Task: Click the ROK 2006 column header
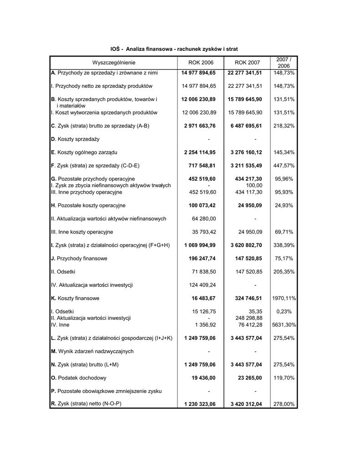pyautogui.click(x=200, y=62)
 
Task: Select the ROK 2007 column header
pyautogui.click(x=247, y=62)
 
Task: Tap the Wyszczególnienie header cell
pyautogui.click(x=114, y=62)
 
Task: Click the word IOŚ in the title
pyautogui.click(x=116, y=48)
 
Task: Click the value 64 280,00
pyautogui.click(x=204, y=219)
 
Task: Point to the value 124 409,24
pyautogui.click(x=203, y=285)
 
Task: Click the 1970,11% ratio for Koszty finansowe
pyautogui.click(x=284, y=299)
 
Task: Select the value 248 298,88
pyautogui.click(x=248, y=318)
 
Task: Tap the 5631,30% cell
pyautogui.click(x=284, y=325)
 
